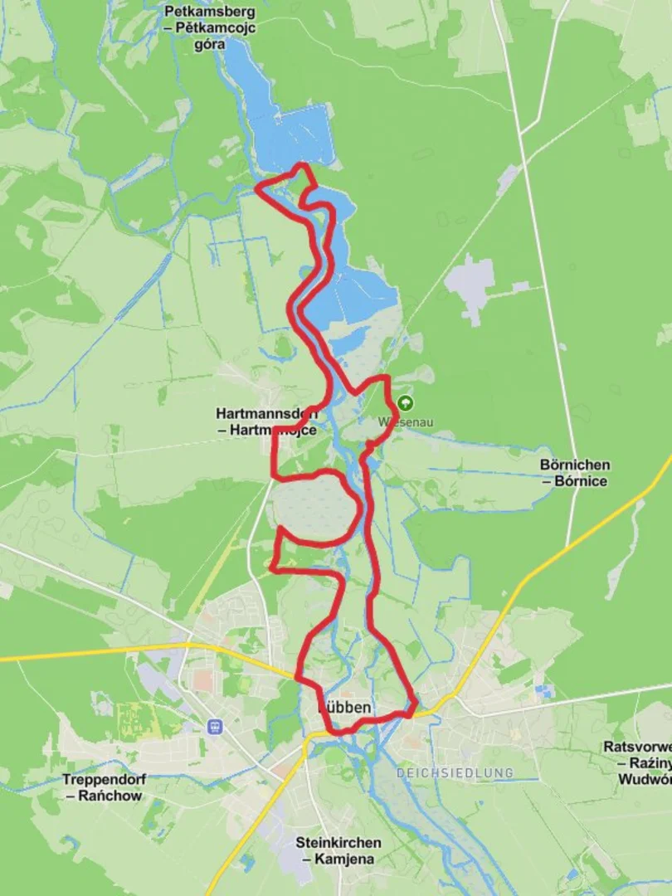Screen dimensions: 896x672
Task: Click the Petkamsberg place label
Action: point(210,12)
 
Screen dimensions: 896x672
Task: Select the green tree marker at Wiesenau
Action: point(405,403)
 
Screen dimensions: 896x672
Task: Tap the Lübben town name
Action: point(346,708)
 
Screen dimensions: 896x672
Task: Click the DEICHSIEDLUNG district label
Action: point(454,773)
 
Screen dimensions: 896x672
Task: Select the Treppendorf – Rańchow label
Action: point(102,787)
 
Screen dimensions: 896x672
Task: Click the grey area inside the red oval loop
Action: point(315,509)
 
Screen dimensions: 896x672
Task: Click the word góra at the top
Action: point(210,44)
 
